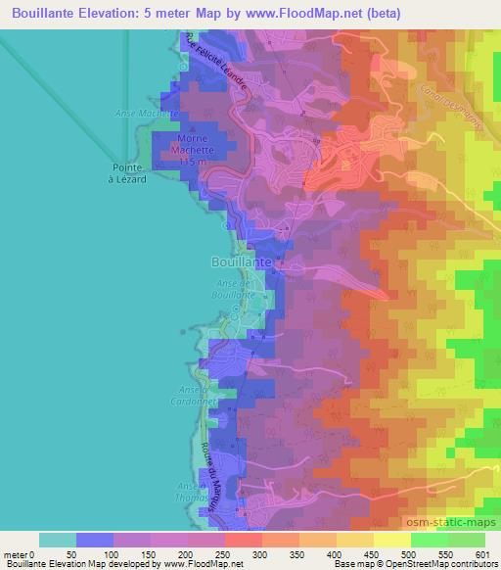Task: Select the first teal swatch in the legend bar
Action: tap(58, 540)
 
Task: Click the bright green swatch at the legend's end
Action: tap(466, 540)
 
